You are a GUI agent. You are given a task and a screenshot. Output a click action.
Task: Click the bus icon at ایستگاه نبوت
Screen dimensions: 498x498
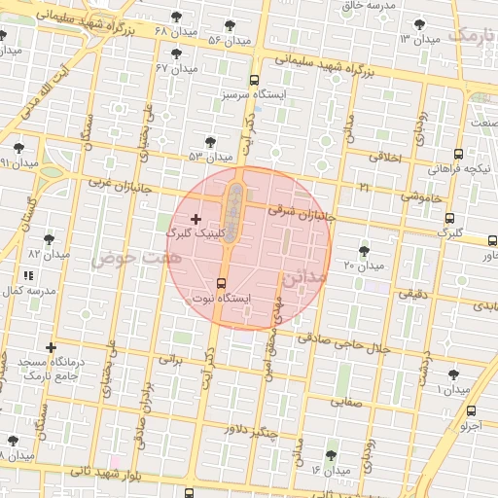point(219,282)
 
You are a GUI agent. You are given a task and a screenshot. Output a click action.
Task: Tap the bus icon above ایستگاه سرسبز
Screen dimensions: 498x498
point(254,81)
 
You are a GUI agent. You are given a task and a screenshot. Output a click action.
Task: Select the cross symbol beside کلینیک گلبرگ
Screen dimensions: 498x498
point(197,218)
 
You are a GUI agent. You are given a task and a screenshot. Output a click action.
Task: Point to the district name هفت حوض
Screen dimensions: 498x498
point(124,258)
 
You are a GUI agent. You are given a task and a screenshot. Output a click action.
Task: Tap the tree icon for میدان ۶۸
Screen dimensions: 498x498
point(176,17)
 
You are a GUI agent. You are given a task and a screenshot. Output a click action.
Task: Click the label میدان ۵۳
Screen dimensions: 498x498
point(210,156)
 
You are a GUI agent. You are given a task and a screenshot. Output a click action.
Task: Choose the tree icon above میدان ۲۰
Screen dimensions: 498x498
point(364,250)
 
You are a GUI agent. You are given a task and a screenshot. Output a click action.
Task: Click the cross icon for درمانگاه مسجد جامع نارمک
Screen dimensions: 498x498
point(51,347)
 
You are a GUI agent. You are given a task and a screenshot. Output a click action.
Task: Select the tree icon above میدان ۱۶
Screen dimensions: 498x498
point(331,455)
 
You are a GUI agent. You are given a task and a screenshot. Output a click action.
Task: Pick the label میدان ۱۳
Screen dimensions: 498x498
point(420,39)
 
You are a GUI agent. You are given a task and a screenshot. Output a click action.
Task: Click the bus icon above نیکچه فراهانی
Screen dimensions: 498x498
point(458,154)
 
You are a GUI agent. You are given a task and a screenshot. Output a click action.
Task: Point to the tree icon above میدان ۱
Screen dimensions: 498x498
point(453,374)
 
